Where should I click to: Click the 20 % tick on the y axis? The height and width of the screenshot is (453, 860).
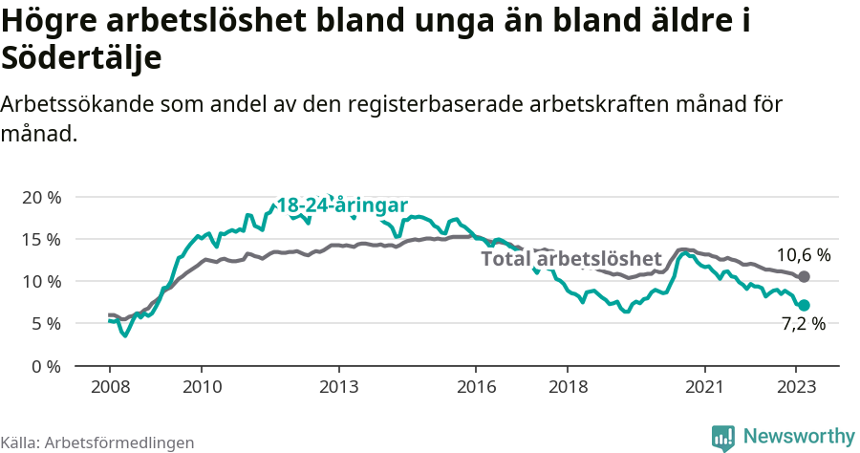[40, 197]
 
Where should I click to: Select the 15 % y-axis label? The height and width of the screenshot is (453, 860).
[40, 239]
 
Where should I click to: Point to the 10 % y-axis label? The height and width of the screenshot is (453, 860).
[40, 281]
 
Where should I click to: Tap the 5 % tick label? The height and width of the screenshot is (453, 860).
[44, 323]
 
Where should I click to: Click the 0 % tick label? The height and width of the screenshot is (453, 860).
[44, 366]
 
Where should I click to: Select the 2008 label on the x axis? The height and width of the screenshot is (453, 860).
[110, 387]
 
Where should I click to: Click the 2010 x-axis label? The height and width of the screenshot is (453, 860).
[202, 387]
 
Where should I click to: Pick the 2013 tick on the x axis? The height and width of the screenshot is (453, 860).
[338, 387]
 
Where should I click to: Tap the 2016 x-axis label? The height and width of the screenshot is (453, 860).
[476, 387]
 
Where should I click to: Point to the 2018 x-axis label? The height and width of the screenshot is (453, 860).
[568, 387]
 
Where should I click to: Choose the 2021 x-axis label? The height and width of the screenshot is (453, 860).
[705, 387]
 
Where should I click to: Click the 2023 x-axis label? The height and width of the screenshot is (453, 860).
[796, 387]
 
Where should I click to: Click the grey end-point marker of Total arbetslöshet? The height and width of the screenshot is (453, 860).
[804, 276]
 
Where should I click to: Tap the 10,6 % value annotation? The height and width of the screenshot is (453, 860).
[803, 255]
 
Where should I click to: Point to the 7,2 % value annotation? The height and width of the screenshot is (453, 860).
[803, 324]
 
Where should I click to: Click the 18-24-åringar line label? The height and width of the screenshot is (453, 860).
[342, 205]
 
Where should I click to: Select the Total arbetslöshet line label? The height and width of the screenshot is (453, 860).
[570, 259]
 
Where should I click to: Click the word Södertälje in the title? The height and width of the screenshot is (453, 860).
[81, 57]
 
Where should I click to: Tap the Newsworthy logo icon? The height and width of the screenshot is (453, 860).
[723, 437]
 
